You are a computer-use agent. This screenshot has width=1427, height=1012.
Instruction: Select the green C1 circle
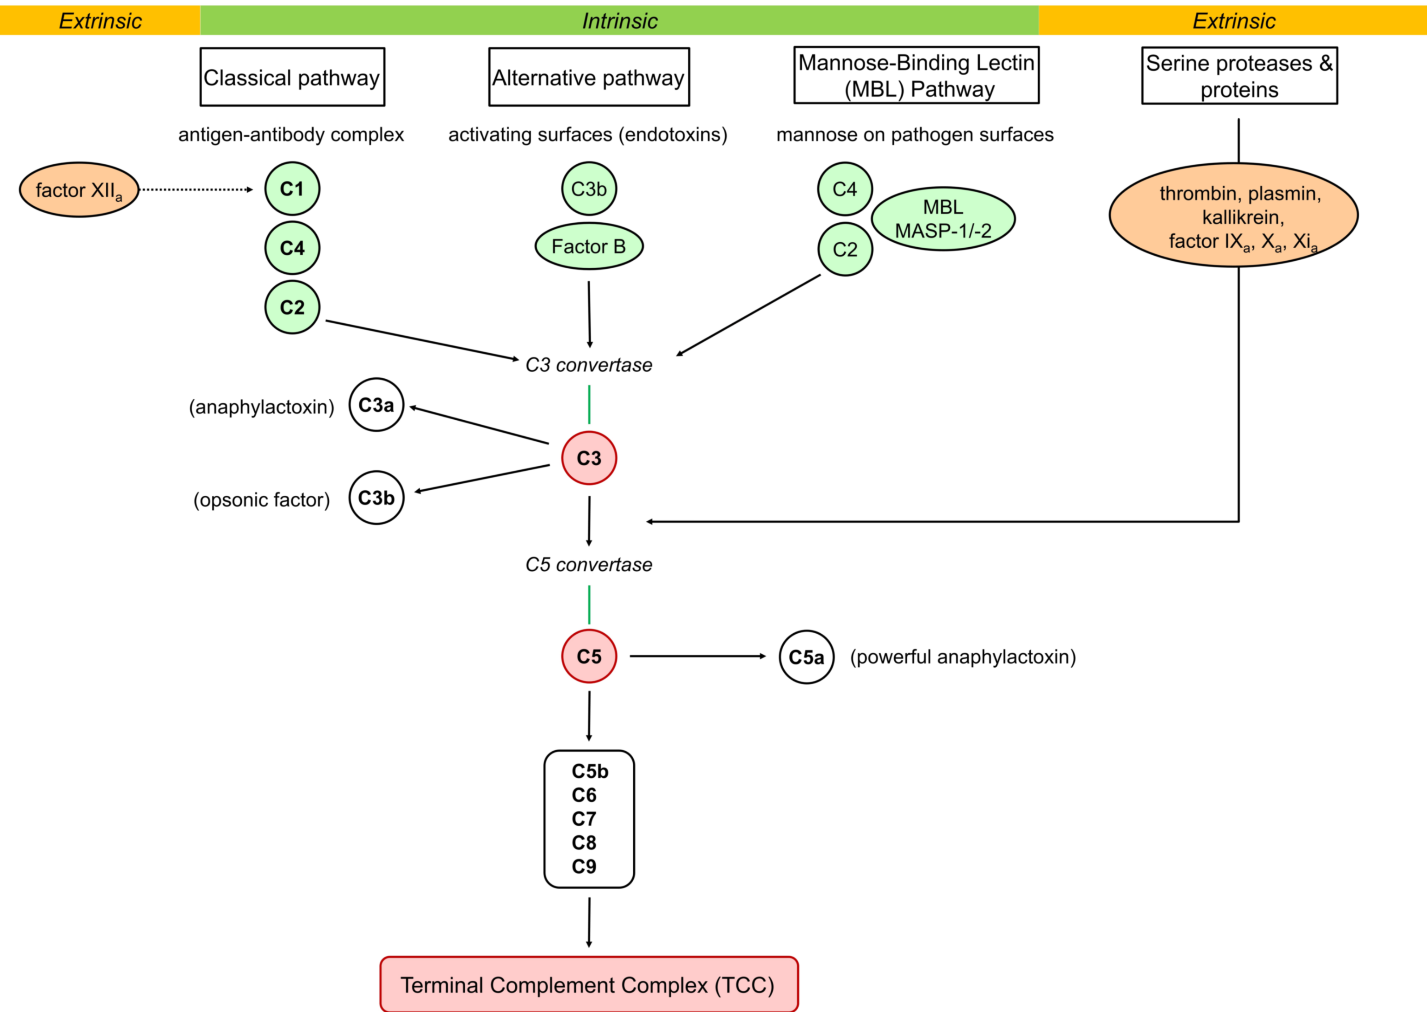tap(292, 189)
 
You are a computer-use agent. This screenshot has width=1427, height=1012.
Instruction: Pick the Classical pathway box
tap(292, 77)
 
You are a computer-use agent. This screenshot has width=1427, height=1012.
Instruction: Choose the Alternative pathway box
tap(588, 77)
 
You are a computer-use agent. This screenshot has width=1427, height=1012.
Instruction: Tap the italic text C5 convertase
tap(588, 564)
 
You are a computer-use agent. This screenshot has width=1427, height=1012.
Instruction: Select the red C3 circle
tap(588, 458)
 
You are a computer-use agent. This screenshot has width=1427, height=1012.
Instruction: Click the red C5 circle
tap(588, 656)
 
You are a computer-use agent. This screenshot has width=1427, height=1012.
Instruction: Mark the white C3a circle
tap(376, 405)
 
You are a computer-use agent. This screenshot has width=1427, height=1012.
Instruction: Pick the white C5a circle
tap(806, 657)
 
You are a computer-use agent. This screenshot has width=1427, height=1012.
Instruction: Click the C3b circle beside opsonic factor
tap(376, 498)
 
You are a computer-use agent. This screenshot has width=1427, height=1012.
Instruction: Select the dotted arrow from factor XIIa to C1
tap(196, 189)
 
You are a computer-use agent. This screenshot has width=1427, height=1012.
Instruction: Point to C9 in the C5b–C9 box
tap(584, 866)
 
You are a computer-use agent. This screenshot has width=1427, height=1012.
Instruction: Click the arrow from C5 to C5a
tap(698, 656)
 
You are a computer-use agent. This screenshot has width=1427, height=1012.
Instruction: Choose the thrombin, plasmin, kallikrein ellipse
tap(1233, 215)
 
